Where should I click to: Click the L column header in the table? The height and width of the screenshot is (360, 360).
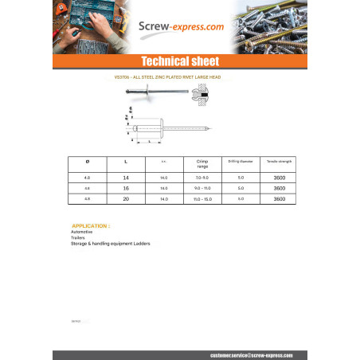pos(126,162)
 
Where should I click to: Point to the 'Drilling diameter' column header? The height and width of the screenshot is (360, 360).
pos(240,162)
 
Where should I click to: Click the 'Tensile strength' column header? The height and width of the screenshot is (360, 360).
pos(279,162)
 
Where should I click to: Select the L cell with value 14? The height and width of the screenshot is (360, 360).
pos(126,177)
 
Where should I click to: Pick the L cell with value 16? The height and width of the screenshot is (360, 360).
pos(126,188)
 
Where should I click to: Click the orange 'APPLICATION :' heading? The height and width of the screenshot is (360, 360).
pos(90,225)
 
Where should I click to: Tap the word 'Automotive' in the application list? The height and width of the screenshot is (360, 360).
pos(81,232)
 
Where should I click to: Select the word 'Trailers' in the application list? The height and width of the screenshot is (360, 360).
pos(78,237)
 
